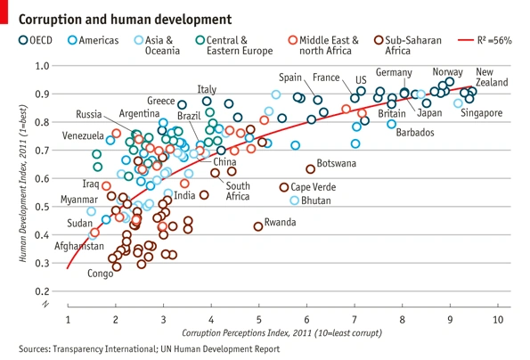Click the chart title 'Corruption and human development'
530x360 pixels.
tap(125, 20)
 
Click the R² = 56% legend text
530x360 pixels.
tap(494, 41)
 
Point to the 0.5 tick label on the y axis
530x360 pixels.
tap(42, 207)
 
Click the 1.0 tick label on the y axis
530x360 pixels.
tap(42, 66)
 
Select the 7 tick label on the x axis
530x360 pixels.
tap(355, 319)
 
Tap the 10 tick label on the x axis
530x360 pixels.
tap(498, 319)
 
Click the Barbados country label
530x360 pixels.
tap(415, 132)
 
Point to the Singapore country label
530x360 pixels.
tap(481, 113)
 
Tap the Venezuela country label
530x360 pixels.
tap(83, 135)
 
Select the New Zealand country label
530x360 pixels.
tap(492, 77)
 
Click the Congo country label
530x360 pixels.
tap(100, 274)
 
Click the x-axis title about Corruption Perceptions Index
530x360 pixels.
tap(281, 333)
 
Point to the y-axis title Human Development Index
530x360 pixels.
tap(22, 184)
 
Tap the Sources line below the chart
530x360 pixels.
tap(149, 348)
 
